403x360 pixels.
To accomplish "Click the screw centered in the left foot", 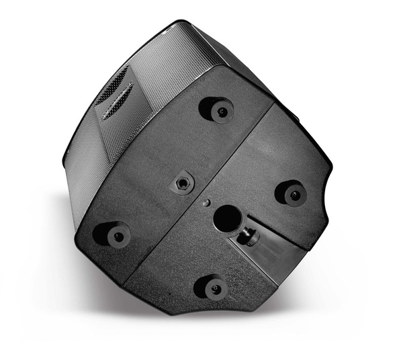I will point(118,236).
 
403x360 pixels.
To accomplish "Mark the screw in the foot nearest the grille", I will point(221,110).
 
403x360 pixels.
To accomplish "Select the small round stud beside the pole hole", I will point(207,202).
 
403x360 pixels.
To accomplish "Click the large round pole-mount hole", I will point(227,218).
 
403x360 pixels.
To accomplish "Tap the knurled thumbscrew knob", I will point(250,236).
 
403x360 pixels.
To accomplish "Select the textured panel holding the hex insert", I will point(154,168).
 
